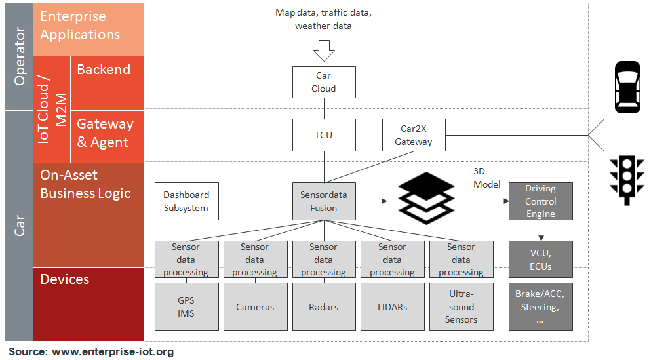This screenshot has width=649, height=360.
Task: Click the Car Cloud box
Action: pos(324,82)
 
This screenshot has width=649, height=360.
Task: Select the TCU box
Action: pos(324,135)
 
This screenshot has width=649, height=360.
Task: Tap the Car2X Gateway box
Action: pos(413,135)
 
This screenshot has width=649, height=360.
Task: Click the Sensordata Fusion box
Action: pos(324,201)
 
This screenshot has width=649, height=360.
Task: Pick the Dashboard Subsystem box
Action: pos(186,201)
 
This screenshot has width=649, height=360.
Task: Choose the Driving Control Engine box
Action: pos(540,201)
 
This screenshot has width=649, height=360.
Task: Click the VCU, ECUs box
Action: pos(540,259)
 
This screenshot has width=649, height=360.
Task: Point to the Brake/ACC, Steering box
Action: pos(540,306)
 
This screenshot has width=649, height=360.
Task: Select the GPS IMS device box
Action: pos(186,306)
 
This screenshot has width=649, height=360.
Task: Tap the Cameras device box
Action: pos(255,306)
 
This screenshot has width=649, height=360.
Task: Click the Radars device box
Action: pos(324,306)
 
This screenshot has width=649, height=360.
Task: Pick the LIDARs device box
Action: pos(392,306)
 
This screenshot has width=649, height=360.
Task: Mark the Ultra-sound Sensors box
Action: pos(461,306)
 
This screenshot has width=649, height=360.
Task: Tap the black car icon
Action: pos(627,87)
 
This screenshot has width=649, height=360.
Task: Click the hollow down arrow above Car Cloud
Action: pos(324,50)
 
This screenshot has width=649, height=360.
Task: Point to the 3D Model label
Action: pos(486,178)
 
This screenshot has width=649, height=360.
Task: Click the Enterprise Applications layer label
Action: pos(80,26)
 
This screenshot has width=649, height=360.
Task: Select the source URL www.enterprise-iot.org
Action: pos(113,352)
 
